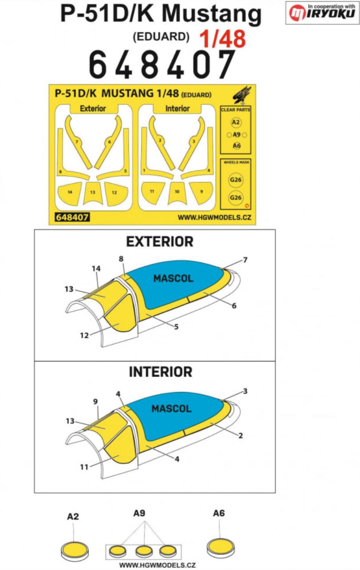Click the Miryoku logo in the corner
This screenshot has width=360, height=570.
tap(322, 12)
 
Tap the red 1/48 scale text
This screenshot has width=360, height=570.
tap(223, 39)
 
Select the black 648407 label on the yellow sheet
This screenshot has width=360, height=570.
tap(71, 217)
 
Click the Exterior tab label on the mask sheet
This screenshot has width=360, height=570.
tap(92, 108)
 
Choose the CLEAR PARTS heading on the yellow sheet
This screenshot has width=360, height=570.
tap(236, 109)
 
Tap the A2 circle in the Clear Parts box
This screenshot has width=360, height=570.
tap(236, 122)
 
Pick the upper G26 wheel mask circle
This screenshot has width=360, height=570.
tap(235, 180)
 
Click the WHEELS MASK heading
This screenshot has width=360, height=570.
tap(236, 163)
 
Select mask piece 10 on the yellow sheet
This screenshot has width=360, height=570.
tap(177, 192)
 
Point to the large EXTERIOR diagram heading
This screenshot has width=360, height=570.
tap(160, 241)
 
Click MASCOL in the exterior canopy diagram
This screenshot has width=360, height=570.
tap(173, 278)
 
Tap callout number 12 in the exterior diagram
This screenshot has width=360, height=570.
tap(84, 336)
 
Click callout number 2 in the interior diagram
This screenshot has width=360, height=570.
tap(240, 436)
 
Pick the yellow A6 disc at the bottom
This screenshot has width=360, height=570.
tap(219, 545)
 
